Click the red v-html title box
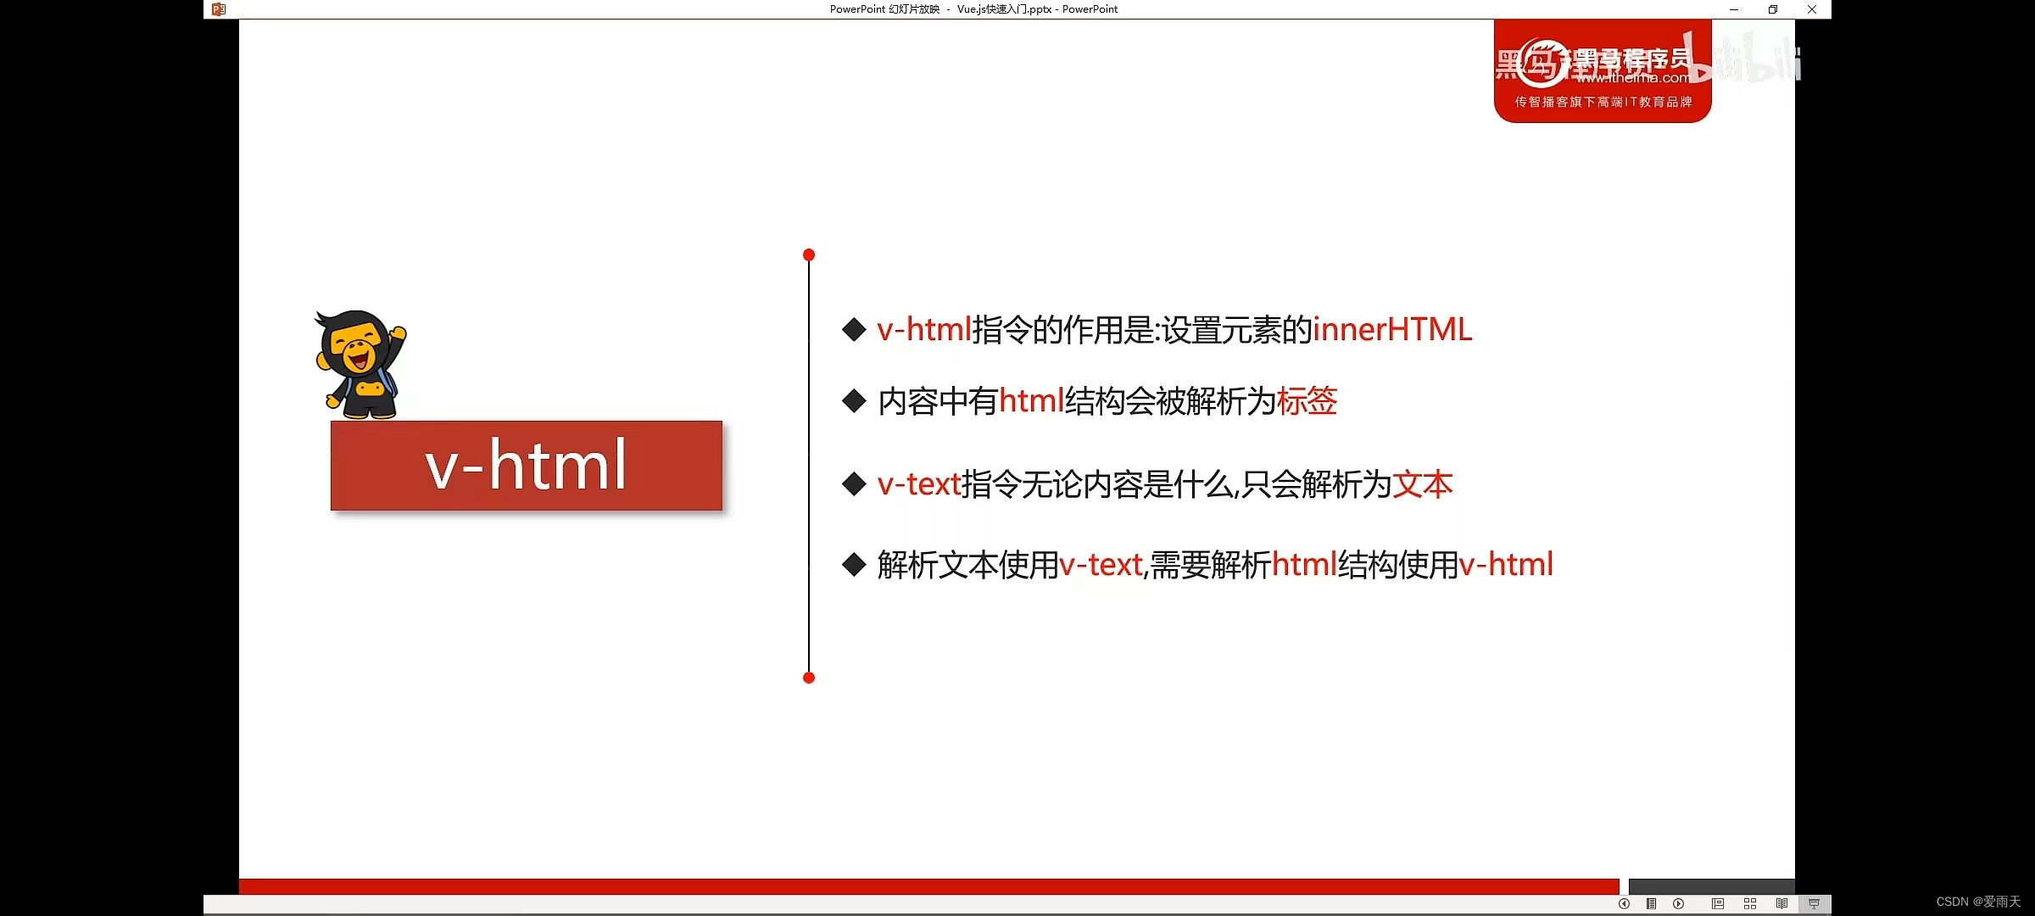click(527, 466)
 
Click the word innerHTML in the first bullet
click(1392, 330)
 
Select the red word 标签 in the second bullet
click(1307, 401)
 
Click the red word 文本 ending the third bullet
click(1422, 484)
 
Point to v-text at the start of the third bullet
click(919, 484)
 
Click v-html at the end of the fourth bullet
click(1506, 565)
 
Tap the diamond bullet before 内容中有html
click(854, 401)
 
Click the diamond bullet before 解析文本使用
click(854, 565)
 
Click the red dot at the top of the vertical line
click(809, 254)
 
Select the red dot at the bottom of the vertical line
click(809, 677)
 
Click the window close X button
click(1812, 9)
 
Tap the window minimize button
click(1734, 9)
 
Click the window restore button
click(1773, 9)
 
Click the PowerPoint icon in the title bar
click(219, 9)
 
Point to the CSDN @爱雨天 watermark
click(1978, 902)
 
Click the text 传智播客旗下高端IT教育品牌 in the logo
click(1603, 102)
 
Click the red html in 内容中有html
click(1031, 401)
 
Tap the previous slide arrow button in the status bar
click(1624, 903)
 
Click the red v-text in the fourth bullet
click(1101, 565)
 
